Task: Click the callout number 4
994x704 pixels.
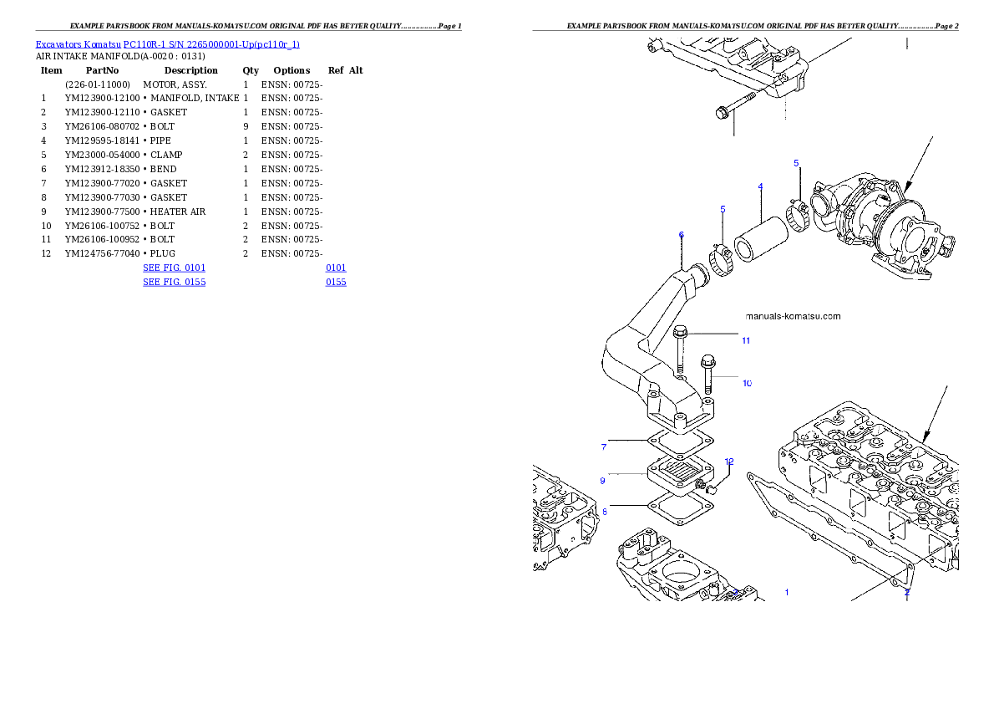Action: [760, 186]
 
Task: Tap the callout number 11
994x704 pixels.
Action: [745, 340]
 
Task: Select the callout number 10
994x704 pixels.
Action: [747, 383]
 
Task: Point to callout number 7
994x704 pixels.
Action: [604, 447]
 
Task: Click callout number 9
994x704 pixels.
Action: [602, 481]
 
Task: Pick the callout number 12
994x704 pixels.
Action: [728, 462]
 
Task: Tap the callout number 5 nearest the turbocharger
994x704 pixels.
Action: [796, 163]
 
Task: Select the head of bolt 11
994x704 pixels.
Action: [680, 332]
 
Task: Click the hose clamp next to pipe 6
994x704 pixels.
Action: [720, 262]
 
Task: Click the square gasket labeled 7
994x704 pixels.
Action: [682, 440]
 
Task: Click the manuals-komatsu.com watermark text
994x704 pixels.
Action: [793, 317]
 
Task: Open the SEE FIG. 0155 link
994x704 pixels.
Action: [174, 283]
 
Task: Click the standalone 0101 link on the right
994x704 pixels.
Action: [336, 268]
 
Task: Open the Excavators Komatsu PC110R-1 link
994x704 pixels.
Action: [167, 44]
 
